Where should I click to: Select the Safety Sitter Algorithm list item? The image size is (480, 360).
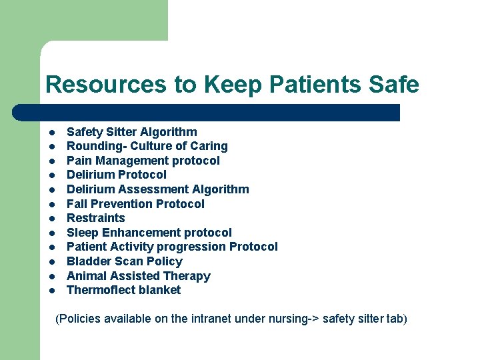pyautogui.click(x=131, y=132)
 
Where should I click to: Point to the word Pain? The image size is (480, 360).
pyautogui.click(x=79, y=161)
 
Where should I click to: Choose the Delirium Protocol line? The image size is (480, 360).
pyautogui.click(x=117, y=175)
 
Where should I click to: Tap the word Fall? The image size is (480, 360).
pyautogui.click(x=77, y=204)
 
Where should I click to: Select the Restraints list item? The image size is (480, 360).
pyautogui.click(x=96, y=218)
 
